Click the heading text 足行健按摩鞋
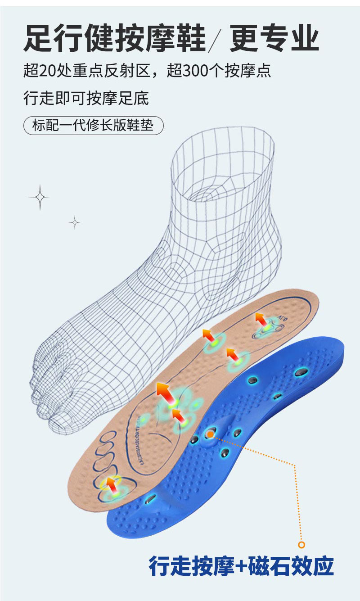tap(114, 38)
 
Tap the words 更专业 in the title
tap(274, 38)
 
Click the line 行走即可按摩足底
tap(86, 98)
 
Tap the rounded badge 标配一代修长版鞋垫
tap(93, 125)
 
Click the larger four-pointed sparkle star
tap(39, 197)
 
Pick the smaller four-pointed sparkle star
tap(75, 222)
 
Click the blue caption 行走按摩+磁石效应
tap(241, 566)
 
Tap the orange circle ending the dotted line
tap(301, 545)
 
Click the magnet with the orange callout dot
tap(210, 434)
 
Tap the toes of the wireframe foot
tap(49, 396)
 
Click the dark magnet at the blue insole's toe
tap(150, 498)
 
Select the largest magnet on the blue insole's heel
tap(301, 372)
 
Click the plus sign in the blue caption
tap(242, 566)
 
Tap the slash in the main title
tap(216, 39)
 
